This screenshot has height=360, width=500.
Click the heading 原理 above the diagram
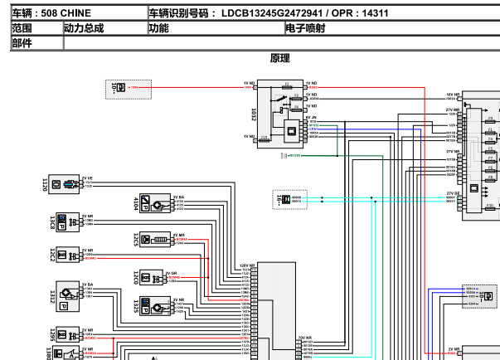(x=280, y=58)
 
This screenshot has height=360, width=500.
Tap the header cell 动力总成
(x=85, y=28)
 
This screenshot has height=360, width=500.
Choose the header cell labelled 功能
(x=158, y=28)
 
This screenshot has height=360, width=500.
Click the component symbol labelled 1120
(x=65, y=183)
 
